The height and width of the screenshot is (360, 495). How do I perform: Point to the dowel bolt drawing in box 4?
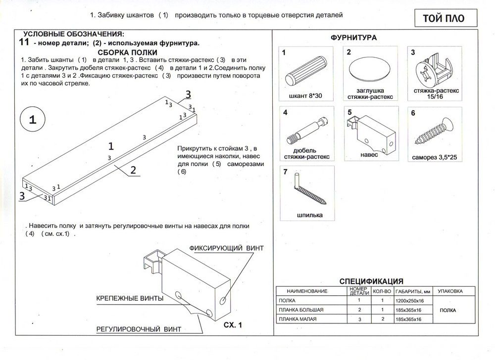(307, 130)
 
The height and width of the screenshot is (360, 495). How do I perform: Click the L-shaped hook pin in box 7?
(310, 190)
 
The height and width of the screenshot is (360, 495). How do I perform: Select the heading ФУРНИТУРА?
(353, 38)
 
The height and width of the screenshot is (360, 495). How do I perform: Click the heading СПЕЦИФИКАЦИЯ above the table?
(371, 281)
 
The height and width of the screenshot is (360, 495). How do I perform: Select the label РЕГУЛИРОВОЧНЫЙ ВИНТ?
(139, 329)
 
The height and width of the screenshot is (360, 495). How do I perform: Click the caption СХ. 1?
(233, 325)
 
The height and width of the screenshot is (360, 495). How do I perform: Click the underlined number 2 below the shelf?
(133, 170)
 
